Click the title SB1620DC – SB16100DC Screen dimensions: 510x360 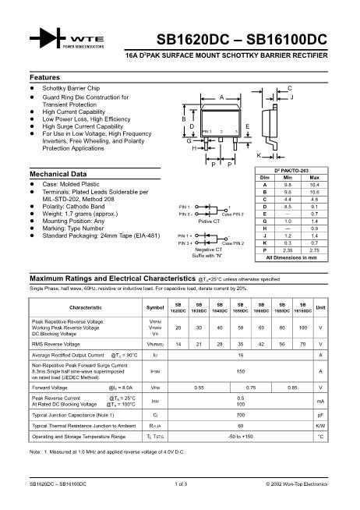242,38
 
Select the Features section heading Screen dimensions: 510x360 45,78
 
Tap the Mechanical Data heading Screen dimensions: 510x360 57,173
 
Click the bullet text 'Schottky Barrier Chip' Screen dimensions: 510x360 71,89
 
